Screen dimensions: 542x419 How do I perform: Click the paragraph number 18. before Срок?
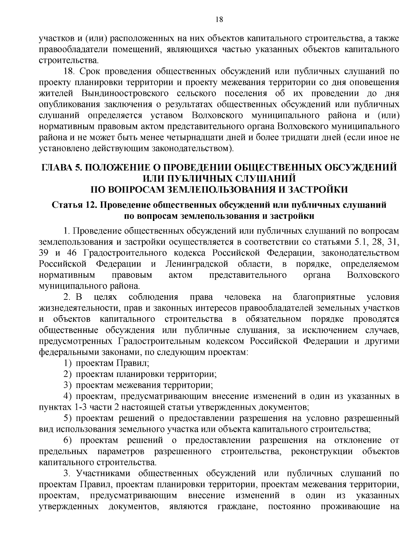(69, 72)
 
